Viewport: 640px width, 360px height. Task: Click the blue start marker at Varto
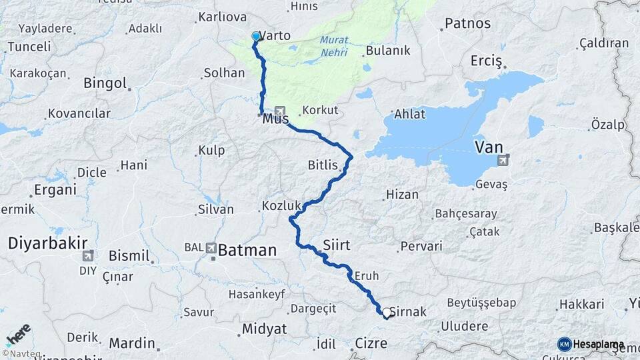(x=256, y=36)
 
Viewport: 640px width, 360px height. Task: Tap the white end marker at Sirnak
(x=386, y=311)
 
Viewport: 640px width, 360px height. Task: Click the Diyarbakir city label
(x=39, y=243)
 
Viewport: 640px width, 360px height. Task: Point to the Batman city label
(x=247, y=251)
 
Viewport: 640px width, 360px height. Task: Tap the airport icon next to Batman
(x=212, y=247)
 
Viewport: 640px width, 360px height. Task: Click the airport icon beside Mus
(x=279, y=111)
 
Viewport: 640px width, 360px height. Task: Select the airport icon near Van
(x=503, y=159)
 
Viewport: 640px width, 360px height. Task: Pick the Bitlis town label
(x=323, y=165)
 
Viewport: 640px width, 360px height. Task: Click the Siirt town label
(x=336, y=245)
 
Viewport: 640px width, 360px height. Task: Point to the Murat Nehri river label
(x=334, y=45)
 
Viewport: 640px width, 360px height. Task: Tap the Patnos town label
(x=467, y=24)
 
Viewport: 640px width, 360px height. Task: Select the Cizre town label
(x=367, y=344)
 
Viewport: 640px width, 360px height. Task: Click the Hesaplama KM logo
(x=591, y=344)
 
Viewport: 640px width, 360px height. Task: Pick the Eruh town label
(x=367, y=275)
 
